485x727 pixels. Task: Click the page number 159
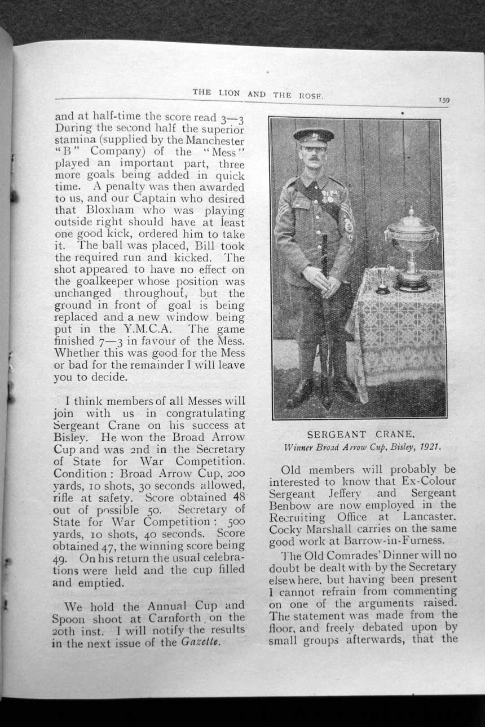pyautogui.click(x=445, y=100)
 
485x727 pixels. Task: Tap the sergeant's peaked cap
pyautogui.click(x=314, y=136)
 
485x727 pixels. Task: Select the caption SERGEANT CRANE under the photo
pyautogui.click(x=361, y=435)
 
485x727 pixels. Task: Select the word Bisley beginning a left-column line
pyautogui.click(x=70, y=437)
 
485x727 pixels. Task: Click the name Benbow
pyautogui.click(x=290, y=505)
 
